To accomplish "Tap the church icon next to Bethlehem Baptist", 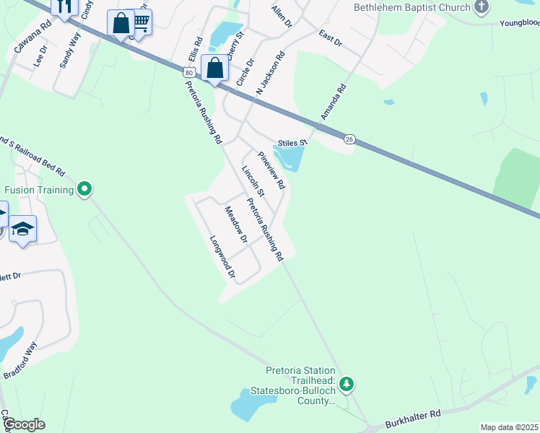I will pyautogui.click(x=482, y=8).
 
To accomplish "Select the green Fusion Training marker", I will pyautogui.click(x=84, y=190).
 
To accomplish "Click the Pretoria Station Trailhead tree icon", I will pyautogui.click(x=347, y=382).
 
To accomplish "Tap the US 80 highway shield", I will pyautogui.click(x=188, y=73).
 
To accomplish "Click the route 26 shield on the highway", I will pyautogui.click(x=349, y=139).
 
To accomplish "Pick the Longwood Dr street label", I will pyautogui.click(x=222, y=257).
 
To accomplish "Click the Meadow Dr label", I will pyautogui.click(x=236, y=224).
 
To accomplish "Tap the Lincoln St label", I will pyautogui.click(x=253, y=181).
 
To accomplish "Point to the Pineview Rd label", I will pyautogui.click(x=272, y=170).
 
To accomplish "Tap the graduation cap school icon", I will pyautogui.click(x=23, y=229).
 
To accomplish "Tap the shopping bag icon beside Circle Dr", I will pyautogui.click(x=215, y=69).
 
